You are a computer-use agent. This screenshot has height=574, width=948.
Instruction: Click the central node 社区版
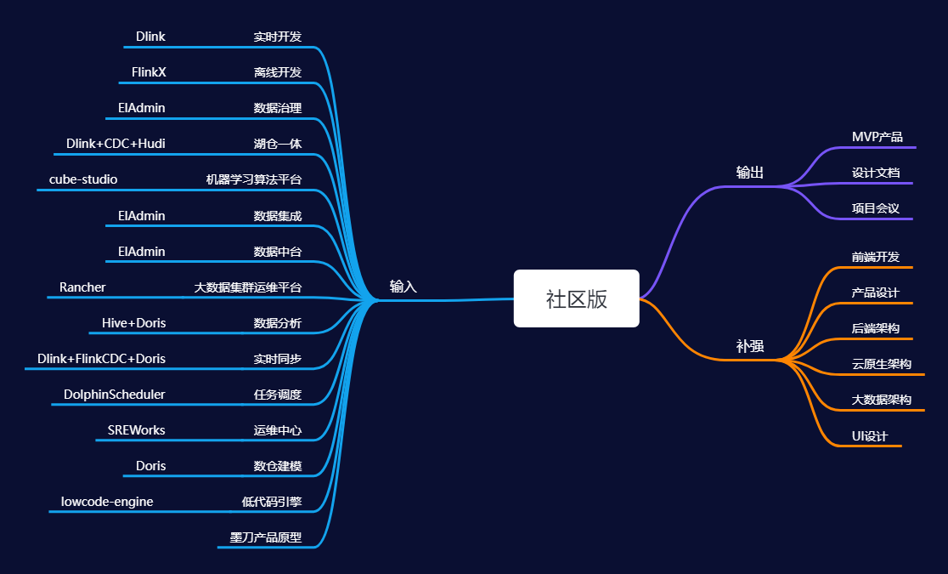[x=576, y=298]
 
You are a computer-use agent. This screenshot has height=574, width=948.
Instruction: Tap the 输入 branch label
[x=403, y=287]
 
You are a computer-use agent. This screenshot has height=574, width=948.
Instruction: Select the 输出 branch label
[x=749, y=173]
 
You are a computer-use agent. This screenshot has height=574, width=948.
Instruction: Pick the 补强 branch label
[x=749, y=346]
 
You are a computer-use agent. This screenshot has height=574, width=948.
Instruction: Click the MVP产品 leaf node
[x=877, y=137]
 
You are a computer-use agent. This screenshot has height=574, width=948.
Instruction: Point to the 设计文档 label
[x=875, y=173]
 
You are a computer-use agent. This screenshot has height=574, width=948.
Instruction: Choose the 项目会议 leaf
[x=875, y=208]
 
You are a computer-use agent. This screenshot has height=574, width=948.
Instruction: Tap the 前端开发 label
[x=875, y=257]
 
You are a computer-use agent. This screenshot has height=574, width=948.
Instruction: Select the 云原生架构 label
[x=881, y=364]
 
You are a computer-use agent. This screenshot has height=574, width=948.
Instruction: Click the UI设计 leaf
[x=869, y=436]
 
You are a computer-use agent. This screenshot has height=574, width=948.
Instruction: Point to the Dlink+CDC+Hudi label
[x=116, y=144]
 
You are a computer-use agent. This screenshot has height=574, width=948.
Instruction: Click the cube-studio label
[x=83, y=179]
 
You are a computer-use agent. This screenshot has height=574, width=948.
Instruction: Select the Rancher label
[x=82, y=287]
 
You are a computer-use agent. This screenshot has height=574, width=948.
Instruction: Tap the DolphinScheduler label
[x=114, y=395]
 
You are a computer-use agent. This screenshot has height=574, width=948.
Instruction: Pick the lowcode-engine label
[x=107, y=502]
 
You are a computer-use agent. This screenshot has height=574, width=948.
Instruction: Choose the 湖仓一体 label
[x=277, y=144]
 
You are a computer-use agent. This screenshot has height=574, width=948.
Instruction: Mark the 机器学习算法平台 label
[x=253, y=179]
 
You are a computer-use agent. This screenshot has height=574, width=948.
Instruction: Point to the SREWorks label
[x=136, y=430]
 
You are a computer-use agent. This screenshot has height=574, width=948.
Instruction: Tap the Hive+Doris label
[x=133, y=323]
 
